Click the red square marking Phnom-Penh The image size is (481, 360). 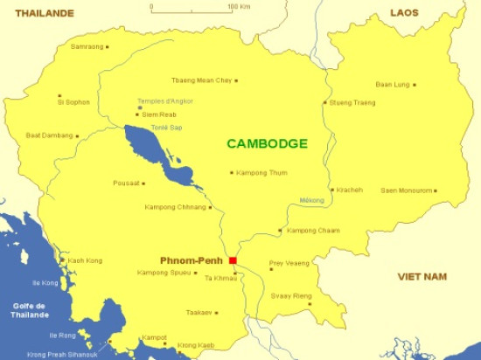[233, 260]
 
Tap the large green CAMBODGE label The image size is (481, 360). [267, 143]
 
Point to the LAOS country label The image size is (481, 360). [404, 13]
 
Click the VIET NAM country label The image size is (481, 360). [422, 276]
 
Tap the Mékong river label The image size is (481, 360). [311, 200]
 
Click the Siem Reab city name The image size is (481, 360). [159, 114]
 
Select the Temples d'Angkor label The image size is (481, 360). [165, 101]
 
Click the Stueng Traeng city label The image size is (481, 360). [353, 102]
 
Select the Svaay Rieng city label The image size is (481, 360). [290, 296]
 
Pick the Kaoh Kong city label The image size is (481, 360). [85, 260]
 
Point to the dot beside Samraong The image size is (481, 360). [107, 46]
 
